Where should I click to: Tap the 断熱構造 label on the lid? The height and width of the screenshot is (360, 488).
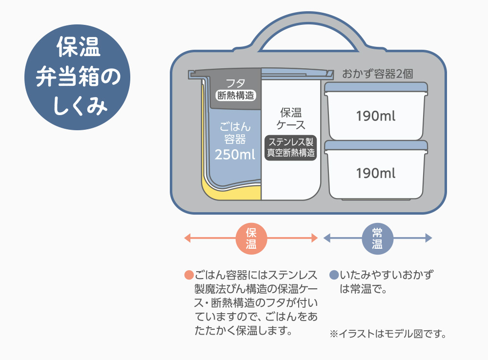(236, 96)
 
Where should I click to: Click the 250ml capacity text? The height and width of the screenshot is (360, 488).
(235, 155)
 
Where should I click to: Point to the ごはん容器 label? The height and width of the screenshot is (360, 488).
(235, 133)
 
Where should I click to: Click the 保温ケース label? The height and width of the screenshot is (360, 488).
(291, 118)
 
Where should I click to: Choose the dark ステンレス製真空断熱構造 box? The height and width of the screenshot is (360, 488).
(291, 147)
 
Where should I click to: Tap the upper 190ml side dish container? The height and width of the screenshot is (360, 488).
(376, 116)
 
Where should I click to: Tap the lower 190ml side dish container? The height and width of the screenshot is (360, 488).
(376, 173)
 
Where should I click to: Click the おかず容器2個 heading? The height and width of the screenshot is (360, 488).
(378, 75)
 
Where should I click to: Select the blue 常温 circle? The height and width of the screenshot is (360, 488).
(377, 238)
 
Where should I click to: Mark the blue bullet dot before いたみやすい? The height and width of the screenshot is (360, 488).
(334, 275)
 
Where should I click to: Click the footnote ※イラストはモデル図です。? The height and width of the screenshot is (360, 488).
(388, 335)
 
